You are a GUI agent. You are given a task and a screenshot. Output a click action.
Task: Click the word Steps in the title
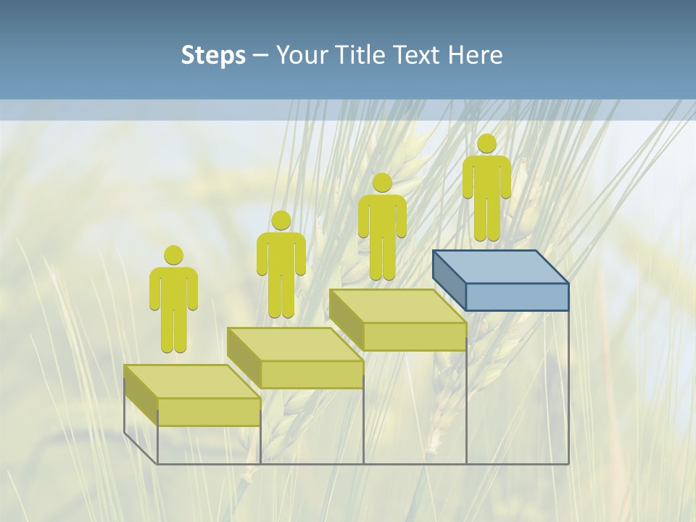point(213,55)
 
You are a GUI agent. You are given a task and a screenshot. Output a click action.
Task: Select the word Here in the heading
point(475,55)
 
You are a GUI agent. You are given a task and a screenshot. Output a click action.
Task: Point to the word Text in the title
point(418,55)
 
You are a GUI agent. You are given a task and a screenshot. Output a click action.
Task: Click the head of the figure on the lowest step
point(173,255)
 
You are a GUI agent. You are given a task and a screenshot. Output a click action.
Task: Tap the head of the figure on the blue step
point(486,144)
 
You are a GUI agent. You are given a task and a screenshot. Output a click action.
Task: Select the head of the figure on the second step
point(281,220)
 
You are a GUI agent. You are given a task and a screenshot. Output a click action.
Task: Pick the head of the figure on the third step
point(382,183)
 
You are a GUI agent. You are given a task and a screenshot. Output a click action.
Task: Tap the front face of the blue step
point(517,297)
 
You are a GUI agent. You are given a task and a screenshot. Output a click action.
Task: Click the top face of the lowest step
point(192,381)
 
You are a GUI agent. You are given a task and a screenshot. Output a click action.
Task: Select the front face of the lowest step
point(209,412)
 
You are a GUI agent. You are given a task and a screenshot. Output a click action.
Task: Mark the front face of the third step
point(415,336)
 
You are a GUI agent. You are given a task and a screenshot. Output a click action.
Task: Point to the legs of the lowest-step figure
point(173,331)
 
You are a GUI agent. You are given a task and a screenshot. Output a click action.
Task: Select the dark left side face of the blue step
point(449,279)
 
